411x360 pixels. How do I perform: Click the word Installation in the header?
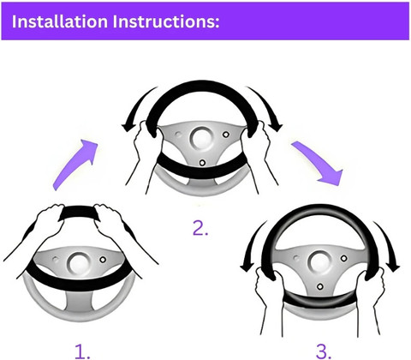tap(60, 21)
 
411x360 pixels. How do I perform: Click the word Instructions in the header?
tap(166, 21)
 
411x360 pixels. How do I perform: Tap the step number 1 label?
tap(82, 351)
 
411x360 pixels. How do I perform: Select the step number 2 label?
tap(200, 228)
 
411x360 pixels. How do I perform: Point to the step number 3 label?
tap(324, 351)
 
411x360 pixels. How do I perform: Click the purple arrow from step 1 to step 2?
tap(74, 164)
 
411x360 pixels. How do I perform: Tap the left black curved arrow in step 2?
tap(135, 110)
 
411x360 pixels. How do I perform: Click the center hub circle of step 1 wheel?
tap(77, 263)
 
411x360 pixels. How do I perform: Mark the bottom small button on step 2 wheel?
tap(202, 163)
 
